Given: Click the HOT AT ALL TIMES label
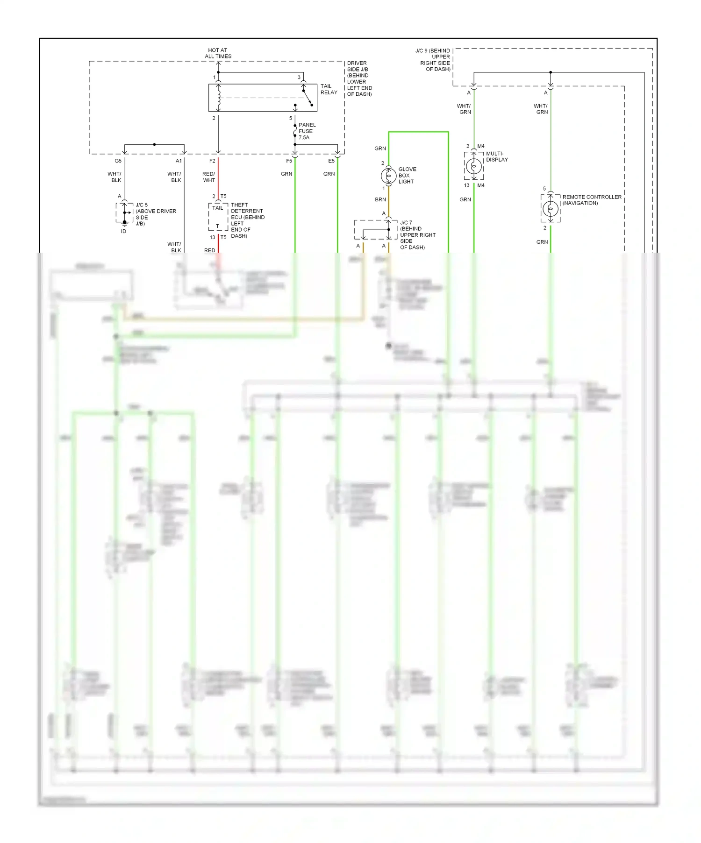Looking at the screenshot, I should pyautogui.click(x=218, y=53).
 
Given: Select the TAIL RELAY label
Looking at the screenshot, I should pyautogui.click(x=329, y=89).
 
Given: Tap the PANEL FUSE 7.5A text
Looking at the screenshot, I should pyautogui.click(x=307, y=131).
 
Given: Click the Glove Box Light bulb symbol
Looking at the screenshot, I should pyautogui.click(x=388, y=176).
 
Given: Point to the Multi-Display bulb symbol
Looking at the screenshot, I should pyautogui.click(x=474, y=166).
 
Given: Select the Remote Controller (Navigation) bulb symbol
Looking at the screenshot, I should pyautogui.click(x=551, y=208).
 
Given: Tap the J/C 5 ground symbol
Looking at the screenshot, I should pyautogui.click(x=124, y=223).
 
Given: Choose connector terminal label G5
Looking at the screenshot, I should pyautogui.click(x=118, y=161).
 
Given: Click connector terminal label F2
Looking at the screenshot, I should pyautogui.click(x=212, y=161).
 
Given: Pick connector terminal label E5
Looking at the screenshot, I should pyautogui.click(x=331, y=161).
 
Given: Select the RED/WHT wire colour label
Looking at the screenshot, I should pyautogui.click(x=208, y=177).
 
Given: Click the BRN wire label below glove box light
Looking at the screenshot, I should pyautogui.click(x=380, y=199).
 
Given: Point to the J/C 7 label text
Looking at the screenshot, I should pyautogui.click(x=417, y=235).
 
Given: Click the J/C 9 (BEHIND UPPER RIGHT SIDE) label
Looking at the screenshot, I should pyautogui.click(x=433, y=60).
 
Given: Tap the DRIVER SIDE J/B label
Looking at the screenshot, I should pyautogui.click(x=359, y=78).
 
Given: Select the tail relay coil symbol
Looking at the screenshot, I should pyautogui.click(x=218, y=97).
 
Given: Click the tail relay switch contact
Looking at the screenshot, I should pyautogui.click(x=308, y=98).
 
